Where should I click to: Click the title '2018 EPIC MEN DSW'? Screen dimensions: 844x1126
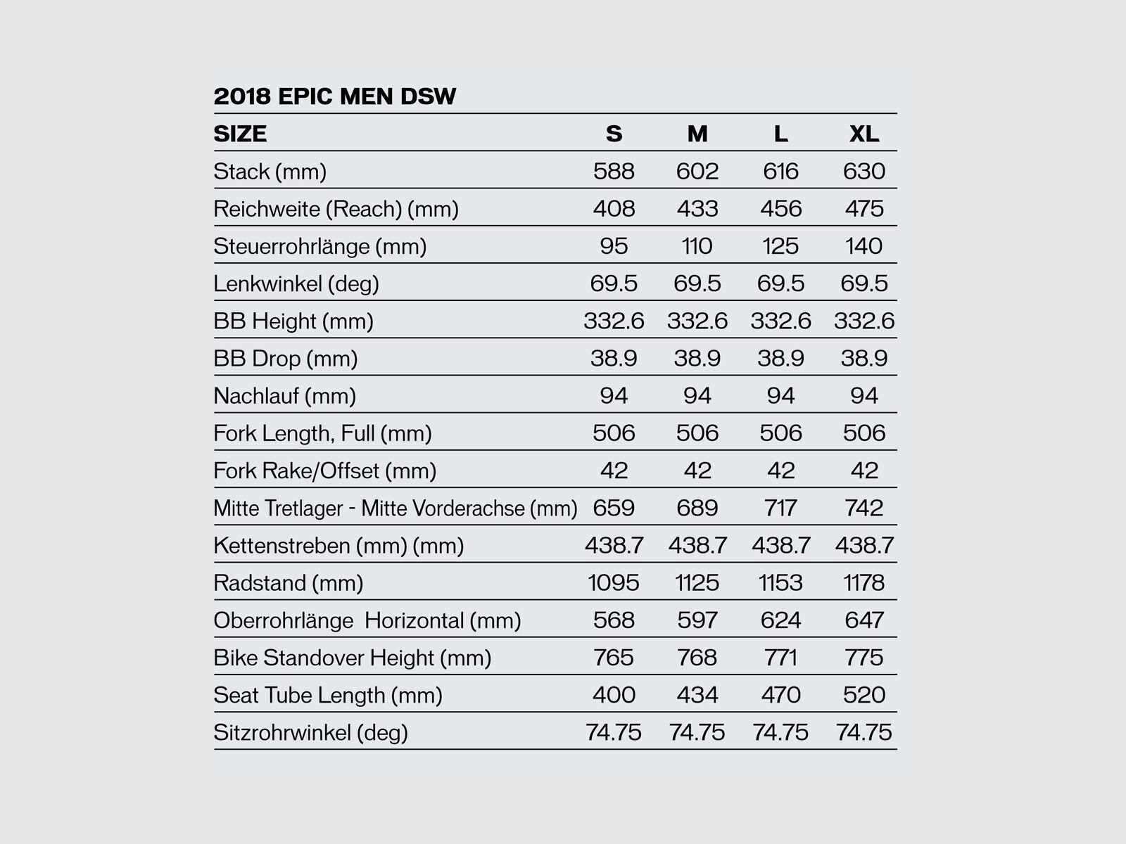coord(335,96)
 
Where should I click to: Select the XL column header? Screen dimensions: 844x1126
coord(864,134)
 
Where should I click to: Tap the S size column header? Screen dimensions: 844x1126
coord(614,134)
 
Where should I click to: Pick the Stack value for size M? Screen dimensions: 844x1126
coord(697,171)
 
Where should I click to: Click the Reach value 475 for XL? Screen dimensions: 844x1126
coord(864,208)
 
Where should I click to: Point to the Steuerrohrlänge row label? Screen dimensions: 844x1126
coord(320,246)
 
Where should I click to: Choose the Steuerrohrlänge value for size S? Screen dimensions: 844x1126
coord(614,246)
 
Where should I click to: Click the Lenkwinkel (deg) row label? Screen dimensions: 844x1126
coord(296,283)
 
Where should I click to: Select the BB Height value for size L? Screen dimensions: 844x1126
coord(780,321)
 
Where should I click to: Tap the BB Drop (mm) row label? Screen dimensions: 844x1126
coord(285,359)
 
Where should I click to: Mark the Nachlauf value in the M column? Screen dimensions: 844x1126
coord(697,395)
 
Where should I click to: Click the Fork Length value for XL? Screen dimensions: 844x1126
coord(864,433)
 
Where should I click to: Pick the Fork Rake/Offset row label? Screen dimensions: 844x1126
coord(324,471)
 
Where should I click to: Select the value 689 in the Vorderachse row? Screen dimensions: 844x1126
coord(697,508)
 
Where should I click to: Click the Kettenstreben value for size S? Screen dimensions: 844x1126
coord(614,545)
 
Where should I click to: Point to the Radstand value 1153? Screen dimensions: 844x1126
coord(780,582)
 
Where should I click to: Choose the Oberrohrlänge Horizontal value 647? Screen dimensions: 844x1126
coord(864,620)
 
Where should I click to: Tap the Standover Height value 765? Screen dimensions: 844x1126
coord(614,658)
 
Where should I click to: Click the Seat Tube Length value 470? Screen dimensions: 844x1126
coord(780,695)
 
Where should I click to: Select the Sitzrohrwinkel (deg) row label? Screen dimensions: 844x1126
coord(310,732)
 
